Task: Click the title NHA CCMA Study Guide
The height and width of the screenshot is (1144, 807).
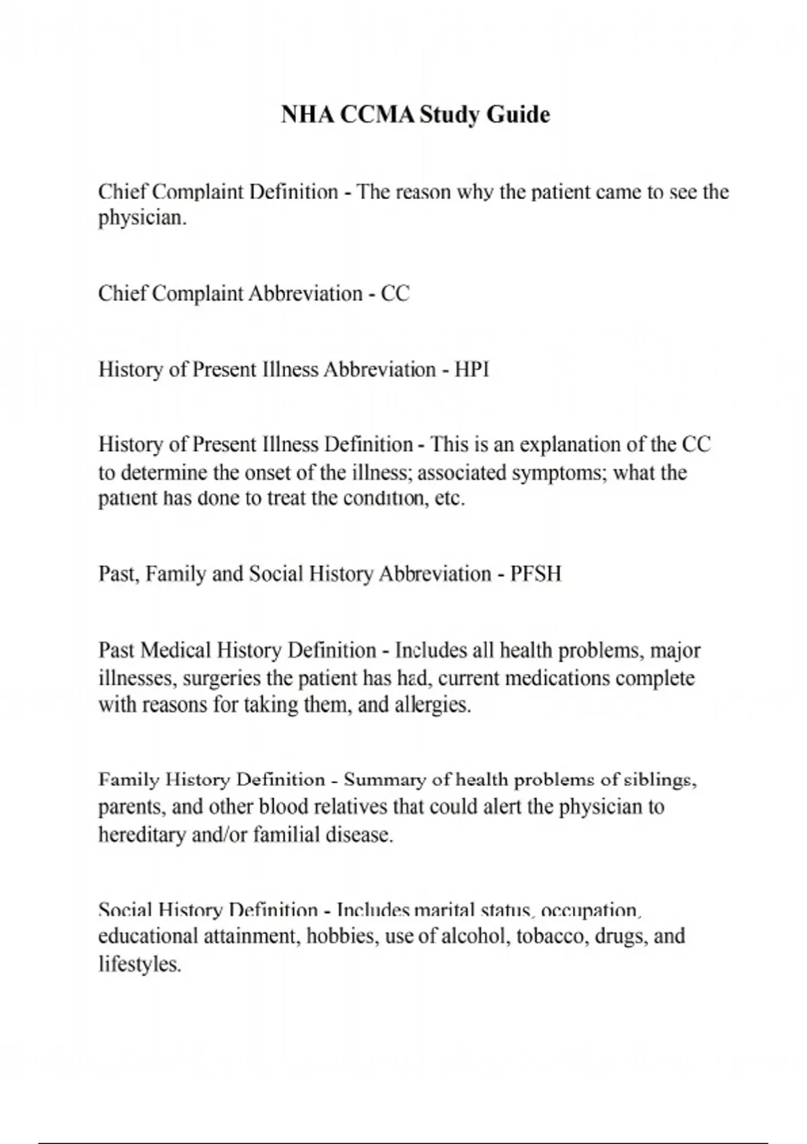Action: (415, 114)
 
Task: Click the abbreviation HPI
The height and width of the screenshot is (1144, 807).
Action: (471, 369)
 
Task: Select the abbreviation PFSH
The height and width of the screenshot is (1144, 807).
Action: (535, 574)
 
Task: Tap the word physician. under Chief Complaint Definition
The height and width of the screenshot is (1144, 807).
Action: (142, 219)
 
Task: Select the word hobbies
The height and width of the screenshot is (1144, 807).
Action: (342, 937)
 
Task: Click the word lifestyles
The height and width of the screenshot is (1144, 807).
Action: (140, 964)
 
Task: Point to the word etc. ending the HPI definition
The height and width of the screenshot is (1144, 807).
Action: (450, 499)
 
